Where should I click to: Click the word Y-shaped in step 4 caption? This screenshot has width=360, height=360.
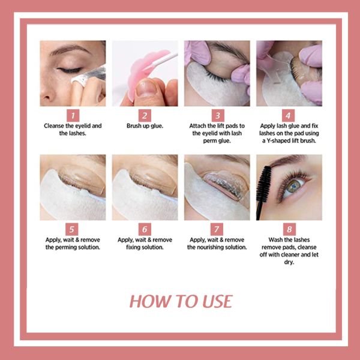pyautogui.click(x=281, y=140)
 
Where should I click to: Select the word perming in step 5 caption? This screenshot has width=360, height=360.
pyautogui.click(x=63, y=247)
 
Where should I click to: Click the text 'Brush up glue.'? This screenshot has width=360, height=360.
pyautogui.click(x=145, y=126)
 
